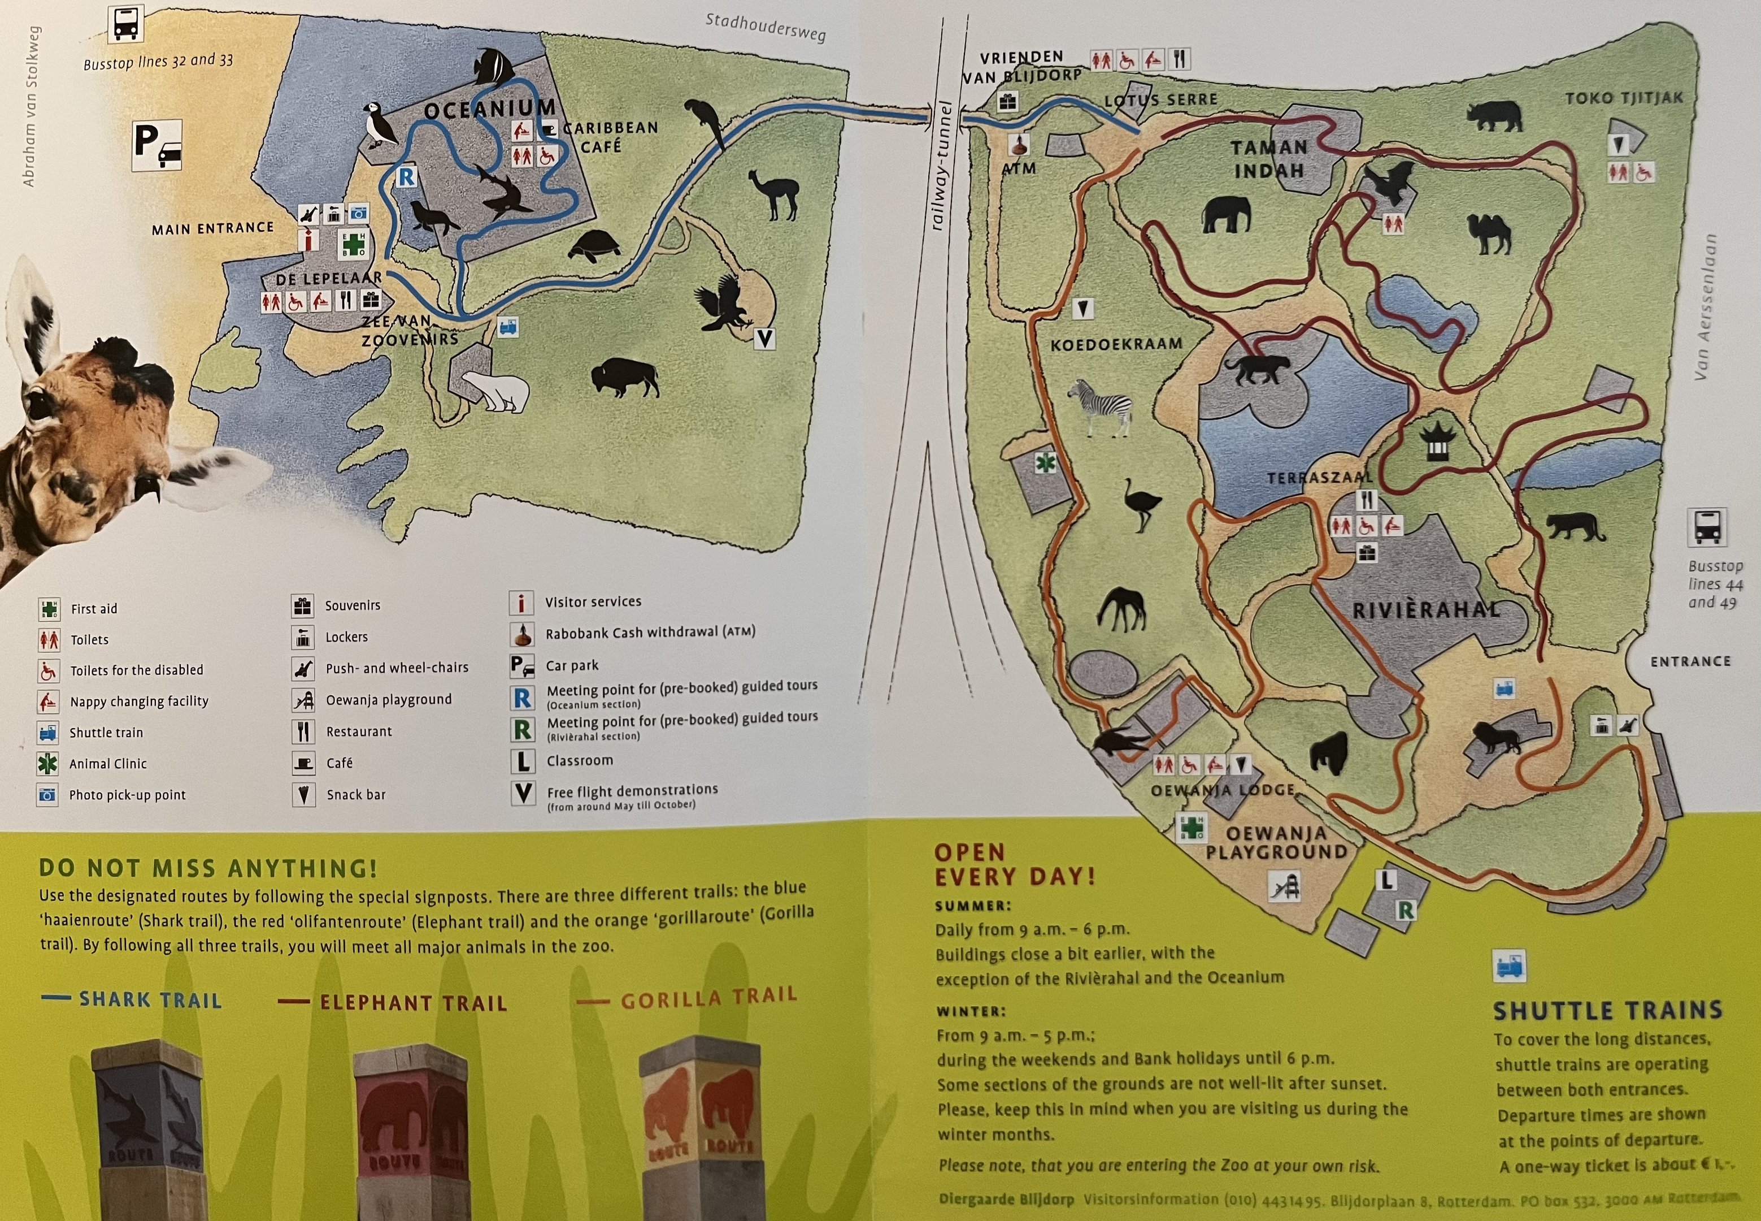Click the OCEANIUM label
pos(489,110)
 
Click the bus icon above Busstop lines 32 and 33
pos(125,24)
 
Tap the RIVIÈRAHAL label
pos(1426,610)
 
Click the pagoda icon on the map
pos(1434,441)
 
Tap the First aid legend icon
pos(49,609)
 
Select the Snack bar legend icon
pos(303,794)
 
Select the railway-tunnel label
pos(941,164)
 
